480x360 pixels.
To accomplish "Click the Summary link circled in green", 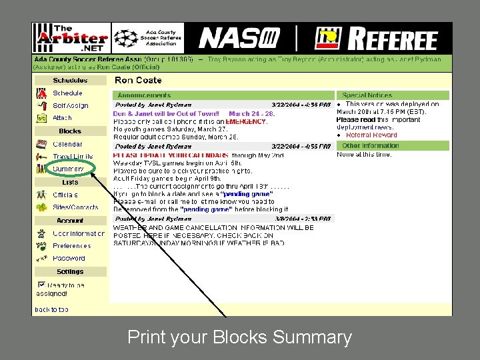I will tap(69, 169).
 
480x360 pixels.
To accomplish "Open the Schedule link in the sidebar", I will tap(67, 93).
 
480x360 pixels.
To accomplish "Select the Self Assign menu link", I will tap(70, 105).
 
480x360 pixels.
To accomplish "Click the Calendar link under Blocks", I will tap(67, 144).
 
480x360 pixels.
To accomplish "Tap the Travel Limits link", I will tap(73, 157).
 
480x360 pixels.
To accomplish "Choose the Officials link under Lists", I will tap(65, 195).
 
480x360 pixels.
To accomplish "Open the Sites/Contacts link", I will tap(75, 207).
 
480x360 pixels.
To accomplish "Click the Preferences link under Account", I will tap(71, 246).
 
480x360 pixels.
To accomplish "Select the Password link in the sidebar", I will tap(69, 258).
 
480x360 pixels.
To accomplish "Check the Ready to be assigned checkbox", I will tap(40, 285).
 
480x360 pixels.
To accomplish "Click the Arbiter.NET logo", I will tap(71, 39).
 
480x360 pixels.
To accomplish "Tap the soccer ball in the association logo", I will tap(125, 39).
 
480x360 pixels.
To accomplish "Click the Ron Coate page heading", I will tap(139, 80).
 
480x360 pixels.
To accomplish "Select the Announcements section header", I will tap(144, 95).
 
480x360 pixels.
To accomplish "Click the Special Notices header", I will tap(367, 95).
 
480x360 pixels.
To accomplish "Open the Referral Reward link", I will tap(371, 135).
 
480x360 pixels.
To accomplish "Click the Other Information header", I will tap(370, 145).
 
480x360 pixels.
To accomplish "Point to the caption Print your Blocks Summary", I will tap(239, 337).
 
